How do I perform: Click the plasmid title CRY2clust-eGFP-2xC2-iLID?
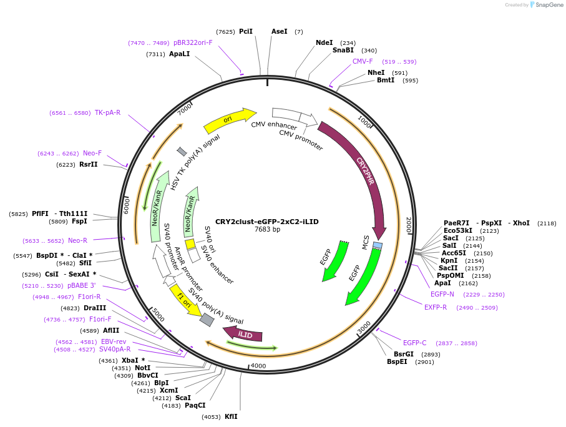pyautogui.click(x=267, y=221)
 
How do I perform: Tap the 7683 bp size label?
pyautogui.click(x=267, y=230)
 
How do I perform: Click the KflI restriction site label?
pyautogui.click(x=231, y=416)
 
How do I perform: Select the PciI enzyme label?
pyautogui.click(x=246, y=31)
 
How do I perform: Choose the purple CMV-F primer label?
pyautogui.click(x=363, y=61)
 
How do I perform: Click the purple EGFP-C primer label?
pyautogui.click(x=415, y=343)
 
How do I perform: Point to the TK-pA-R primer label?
pyautogui.click(x=107, y=112)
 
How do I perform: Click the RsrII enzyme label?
pyautogui.click(x=89, y=164)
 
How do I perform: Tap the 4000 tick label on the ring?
pyautogui.click(x=258, y=366)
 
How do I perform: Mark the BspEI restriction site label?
pyautogui.click(x=397, y=361)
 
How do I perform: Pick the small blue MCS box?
pyautogui.click(x=378, y=245)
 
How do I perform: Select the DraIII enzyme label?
pyautogui.click(x=95, y=308)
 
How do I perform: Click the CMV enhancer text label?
pyautogui.click(x=274, y=125)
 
